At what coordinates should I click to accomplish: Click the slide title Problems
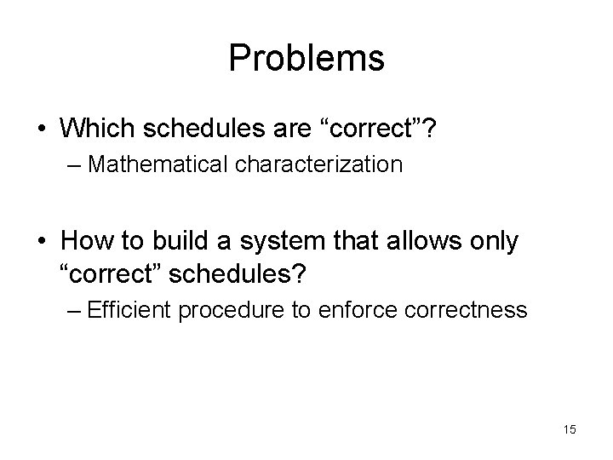tap(306, 59)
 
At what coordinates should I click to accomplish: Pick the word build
tap(167, 242)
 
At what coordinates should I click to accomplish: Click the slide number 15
tap(569, 429)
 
